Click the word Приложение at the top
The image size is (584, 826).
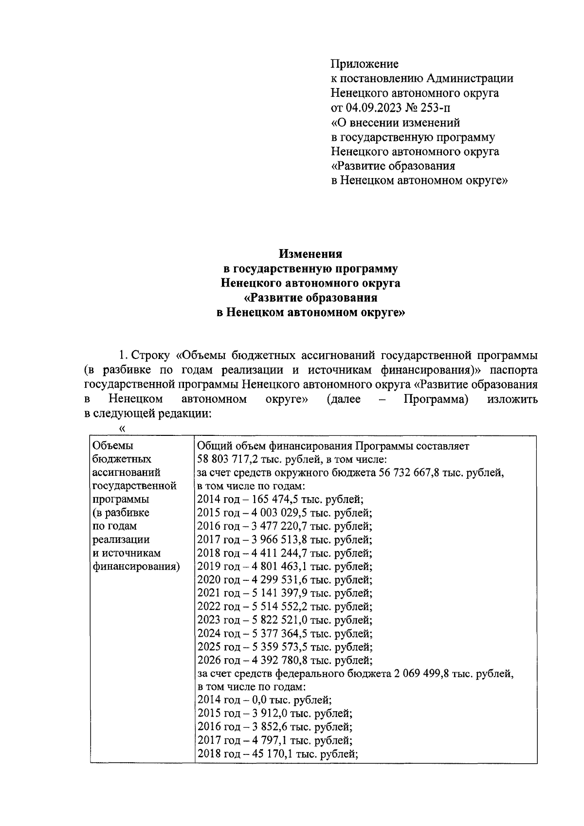(365, 64)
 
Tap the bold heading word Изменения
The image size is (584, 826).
(310, 254)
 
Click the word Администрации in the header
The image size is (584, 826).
(470, 78)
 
